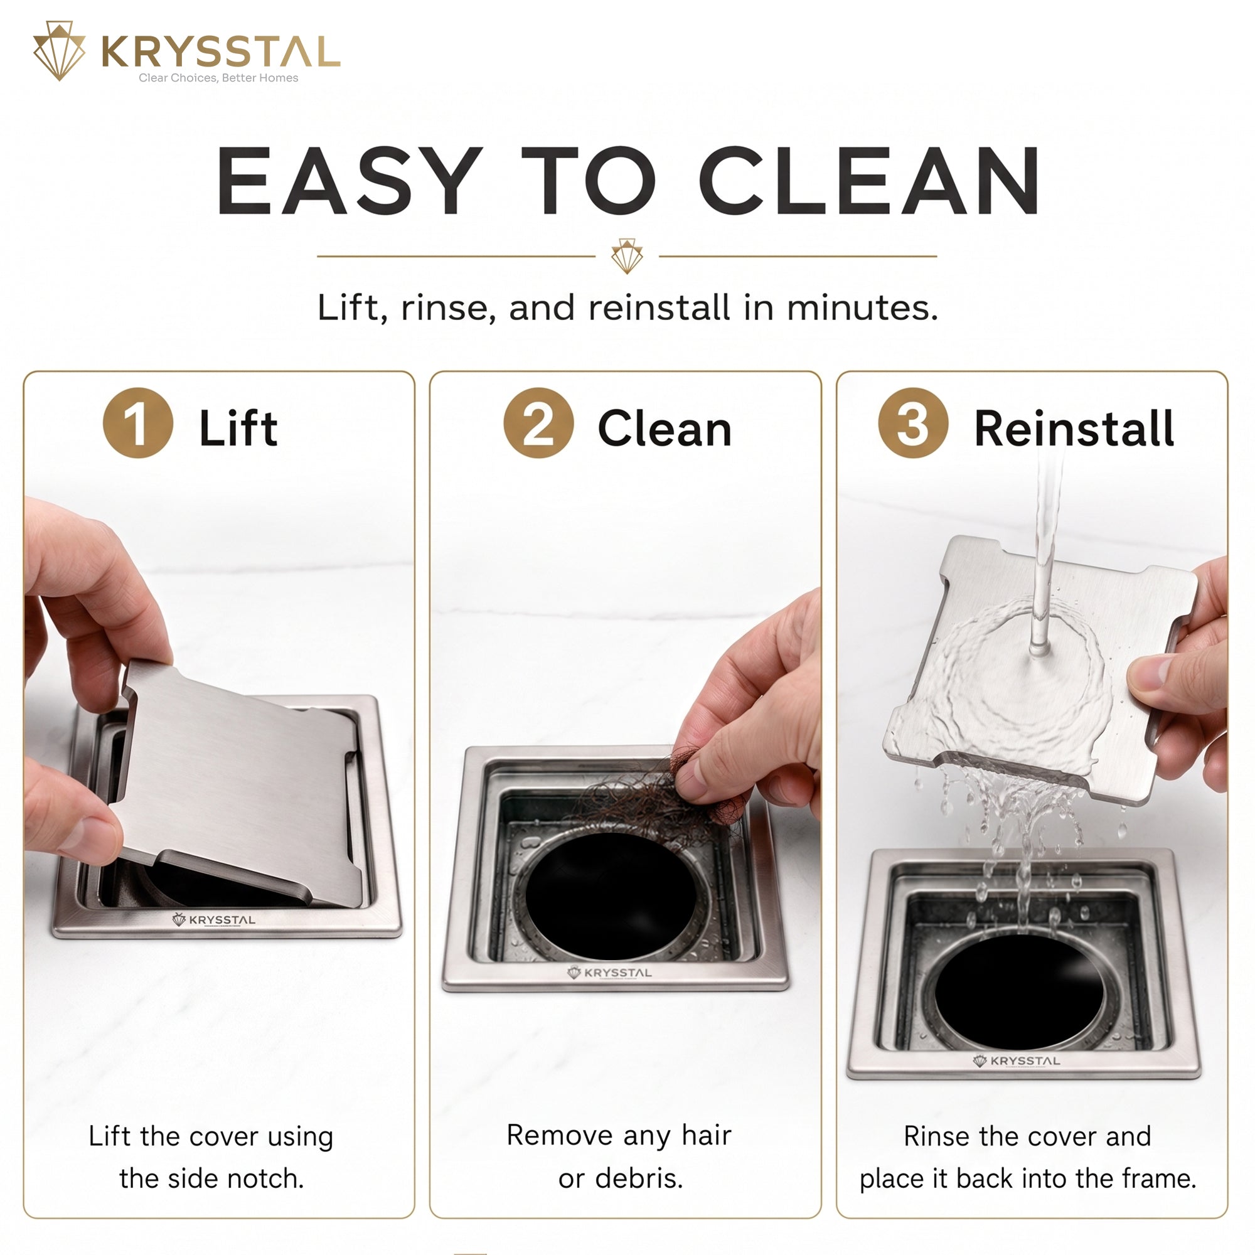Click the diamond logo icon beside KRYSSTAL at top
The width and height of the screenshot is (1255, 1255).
click(x=59, y=51)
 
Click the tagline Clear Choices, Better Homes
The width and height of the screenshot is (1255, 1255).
click(x=218, y=78)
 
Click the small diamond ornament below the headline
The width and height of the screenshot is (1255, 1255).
click(x=627, y=256)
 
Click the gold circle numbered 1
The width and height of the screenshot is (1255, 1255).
click(x=137, y=423)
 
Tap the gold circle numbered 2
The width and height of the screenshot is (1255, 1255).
click(x=538, y=423)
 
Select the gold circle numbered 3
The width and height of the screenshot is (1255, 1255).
click(x=912, y=423)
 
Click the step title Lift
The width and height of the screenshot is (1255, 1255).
click(x=238, y=428)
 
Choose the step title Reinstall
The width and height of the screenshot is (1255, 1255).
click(x=1074, y=429)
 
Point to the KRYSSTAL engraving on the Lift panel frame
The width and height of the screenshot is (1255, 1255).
click(x=214, y=920)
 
